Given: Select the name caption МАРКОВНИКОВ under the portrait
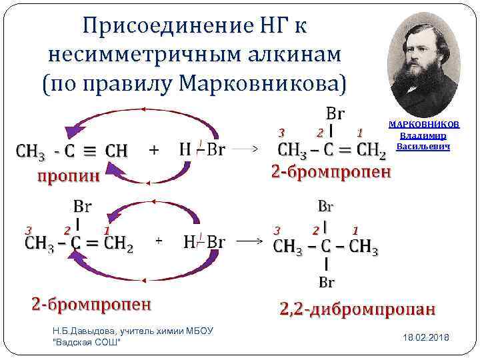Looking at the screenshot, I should (423, 125).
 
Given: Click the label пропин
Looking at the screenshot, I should (68, 175).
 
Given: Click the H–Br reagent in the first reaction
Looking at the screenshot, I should (202, 148).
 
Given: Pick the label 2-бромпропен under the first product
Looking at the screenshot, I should (331, 171).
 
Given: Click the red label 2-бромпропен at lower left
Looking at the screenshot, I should (91, 305).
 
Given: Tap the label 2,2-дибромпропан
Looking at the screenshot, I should (357, 309).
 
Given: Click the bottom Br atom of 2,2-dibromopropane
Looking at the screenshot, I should (326, 283).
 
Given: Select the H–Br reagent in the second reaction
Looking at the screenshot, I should (204, 241).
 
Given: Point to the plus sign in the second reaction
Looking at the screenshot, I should (159, 239).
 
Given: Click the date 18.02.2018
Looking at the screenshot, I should (426, 338).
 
